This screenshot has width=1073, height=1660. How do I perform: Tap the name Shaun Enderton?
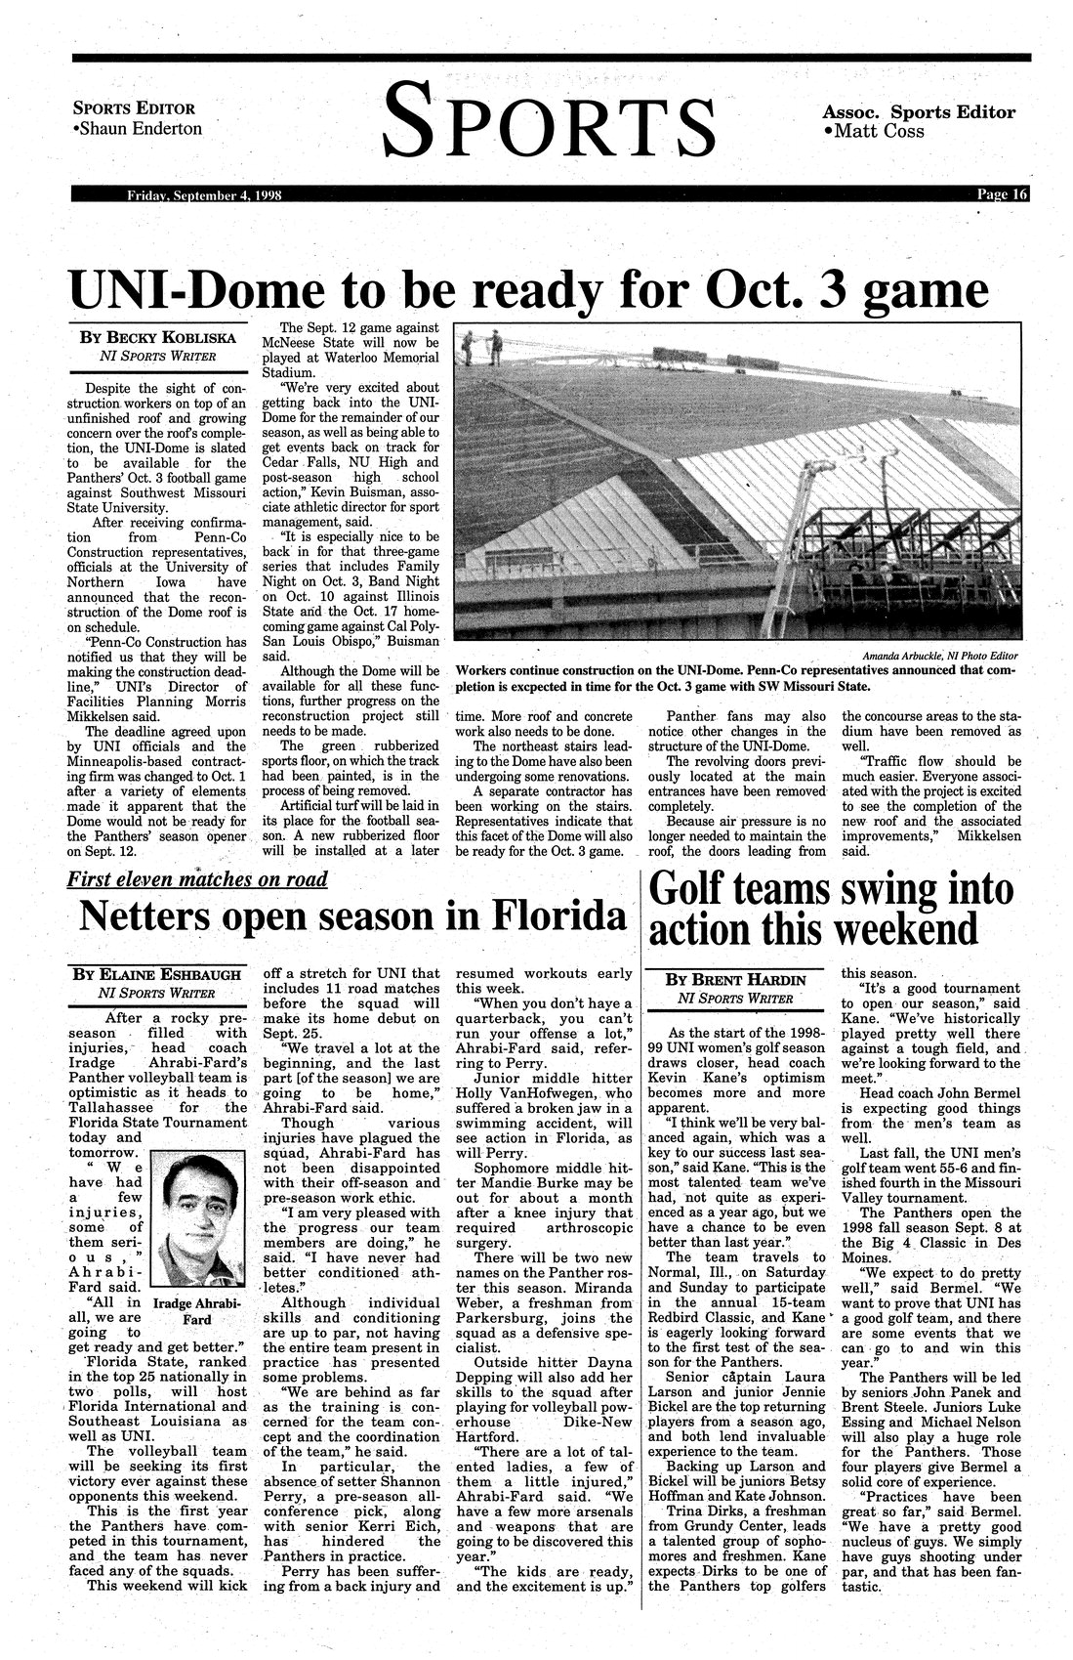141,129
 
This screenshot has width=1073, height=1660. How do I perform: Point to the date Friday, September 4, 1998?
204,195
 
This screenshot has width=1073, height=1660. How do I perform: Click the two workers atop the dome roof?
483,344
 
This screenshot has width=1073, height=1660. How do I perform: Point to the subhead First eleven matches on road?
197,878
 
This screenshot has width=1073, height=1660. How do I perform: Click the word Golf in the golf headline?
693,890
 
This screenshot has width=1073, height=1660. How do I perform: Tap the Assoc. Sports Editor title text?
919,112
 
